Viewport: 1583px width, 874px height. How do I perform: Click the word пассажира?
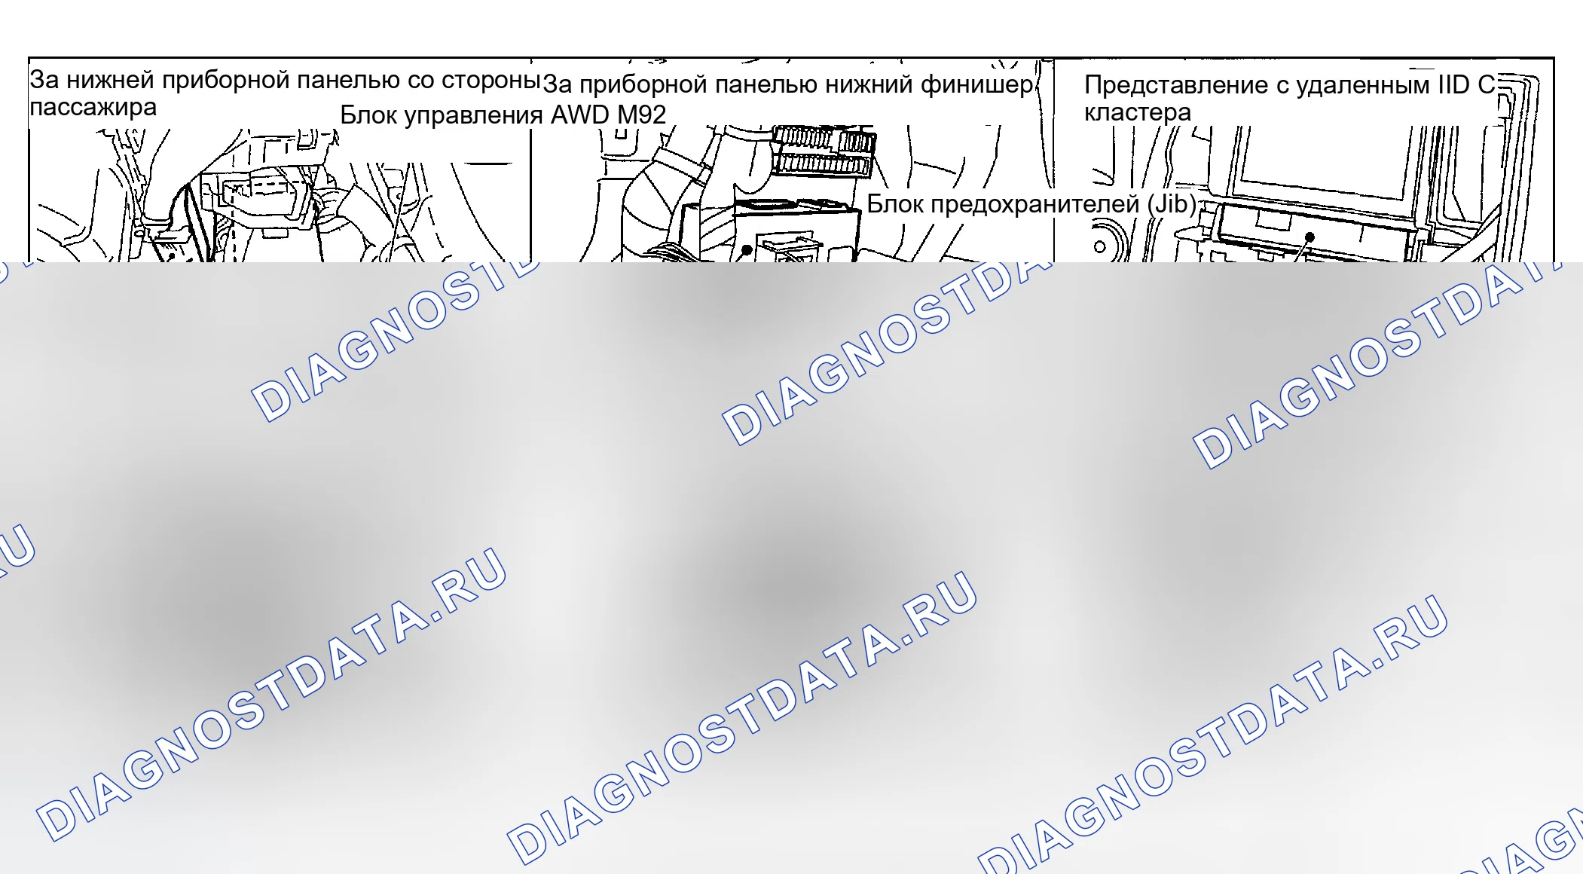(x=93, y=107)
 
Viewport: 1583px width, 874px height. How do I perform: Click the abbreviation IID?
(x=1453, y=84)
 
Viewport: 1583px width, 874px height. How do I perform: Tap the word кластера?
(x=1138, y=112)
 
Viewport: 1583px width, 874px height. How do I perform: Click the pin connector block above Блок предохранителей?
(x=825, y=151)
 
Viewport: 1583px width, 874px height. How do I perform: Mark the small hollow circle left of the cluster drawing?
(x=1100, y=246)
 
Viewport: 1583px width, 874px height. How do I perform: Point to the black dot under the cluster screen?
(x=1309, y=237)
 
